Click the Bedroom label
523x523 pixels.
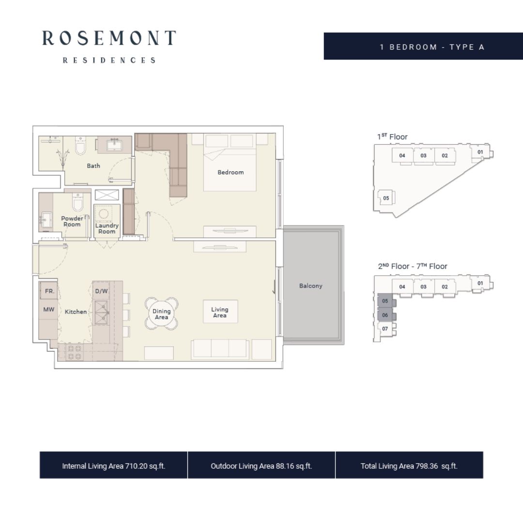(x=231, y=172)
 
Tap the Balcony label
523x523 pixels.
(x=310, y=286)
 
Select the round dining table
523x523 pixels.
(x=161, y=314)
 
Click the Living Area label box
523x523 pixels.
(x=220, y=312)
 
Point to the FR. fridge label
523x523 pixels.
(x=49, y=291)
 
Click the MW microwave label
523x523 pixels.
(x=49, y=309)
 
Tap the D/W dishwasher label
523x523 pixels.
(x=101, y=291)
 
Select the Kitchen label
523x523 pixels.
(x=76, y=312)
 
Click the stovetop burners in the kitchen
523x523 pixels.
(x=75, y=353)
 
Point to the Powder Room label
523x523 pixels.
(x=72, y=221)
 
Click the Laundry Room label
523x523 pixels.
(x=107, y=229)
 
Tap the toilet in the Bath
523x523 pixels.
(x=80, y=145)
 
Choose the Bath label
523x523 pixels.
(x=93, y=166)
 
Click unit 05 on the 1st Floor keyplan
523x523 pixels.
(x=386, y=198)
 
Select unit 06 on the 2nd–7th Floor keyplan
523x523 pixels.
(x=385, y=315)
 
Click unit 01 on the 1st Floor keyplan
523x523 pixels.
(x=480, y=152)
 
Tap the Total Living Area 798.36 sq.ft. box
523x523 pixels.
(x=409, y=465)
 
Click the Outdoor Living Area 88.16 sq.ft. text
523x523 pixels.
(x=261, y=466)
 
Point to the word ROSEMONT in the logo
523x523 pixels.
(x=109, y=38)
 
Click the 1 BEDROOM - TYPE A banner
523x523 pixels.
(x=423, y=46)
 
